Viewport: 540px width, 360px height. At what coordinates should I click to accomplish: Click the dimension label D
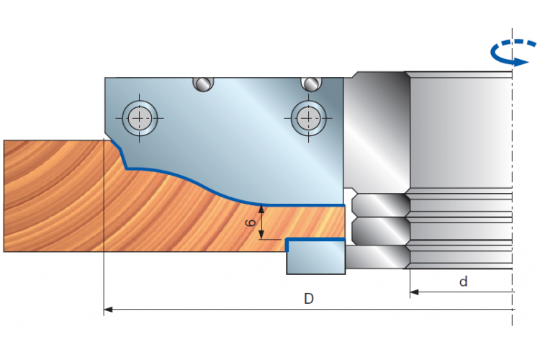(x=309, y=298)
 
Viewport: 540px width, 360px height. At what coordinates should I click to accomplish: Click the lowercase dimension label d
(x=464, y=282)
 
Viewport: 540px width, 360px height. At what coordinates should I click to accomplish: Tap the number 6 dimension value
(x=251, y=223)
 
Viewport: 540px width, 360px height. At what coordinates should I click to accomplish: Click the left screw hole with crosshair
(x=140, y=118)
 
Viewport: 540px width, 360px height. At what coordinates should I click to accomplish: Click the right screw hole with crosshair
(x=309, y=118)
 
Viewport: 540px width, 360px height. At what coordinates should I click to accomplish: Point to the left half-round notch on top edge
(x=203, y=84)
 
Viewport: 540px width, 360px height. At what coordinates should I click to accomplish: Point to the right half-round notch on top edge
(x=311, y=84)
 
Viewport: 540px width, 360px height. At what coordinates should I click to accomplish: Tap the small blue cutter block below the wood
(x=316, y=256)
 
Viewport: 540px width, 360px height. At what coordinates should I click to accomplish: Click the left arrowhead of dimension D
(x=108, y=310)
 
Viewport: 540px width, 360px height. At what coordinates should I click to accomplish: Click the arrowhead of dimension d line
(x=414, y=292)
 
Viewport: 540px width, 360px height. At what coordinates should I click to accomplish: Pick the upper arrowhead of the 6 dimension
(x=261, y=209)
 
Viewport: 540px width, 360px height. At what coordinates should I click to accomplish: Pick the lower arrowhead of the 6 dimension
(x=261, y=235)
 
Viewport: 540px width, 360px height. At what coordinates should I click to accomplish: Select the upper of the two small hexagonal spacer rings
(x=381, y=205)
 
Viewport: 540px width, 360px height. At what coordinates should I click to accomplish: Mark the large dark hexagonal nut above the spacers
(x=377, y=130)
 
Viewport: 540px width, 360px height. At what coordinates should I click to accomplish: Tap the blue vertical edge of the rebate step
(x=287, y=245)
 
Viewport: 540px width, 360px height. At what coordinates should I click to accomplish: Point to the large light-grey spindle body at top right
(x=461, y=130)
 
